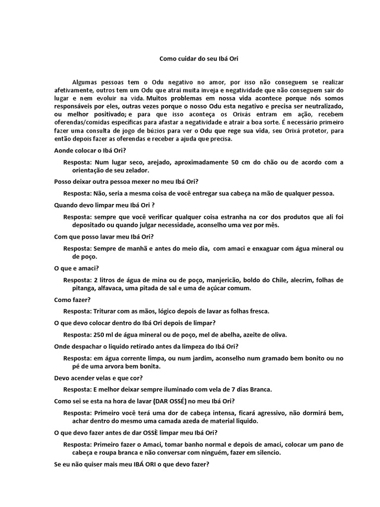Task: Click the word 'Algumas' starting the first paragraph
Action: [85, 81]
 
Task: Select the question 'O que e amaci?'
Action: [77, 268]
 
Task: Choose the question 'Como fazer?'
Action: [72, 300]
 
